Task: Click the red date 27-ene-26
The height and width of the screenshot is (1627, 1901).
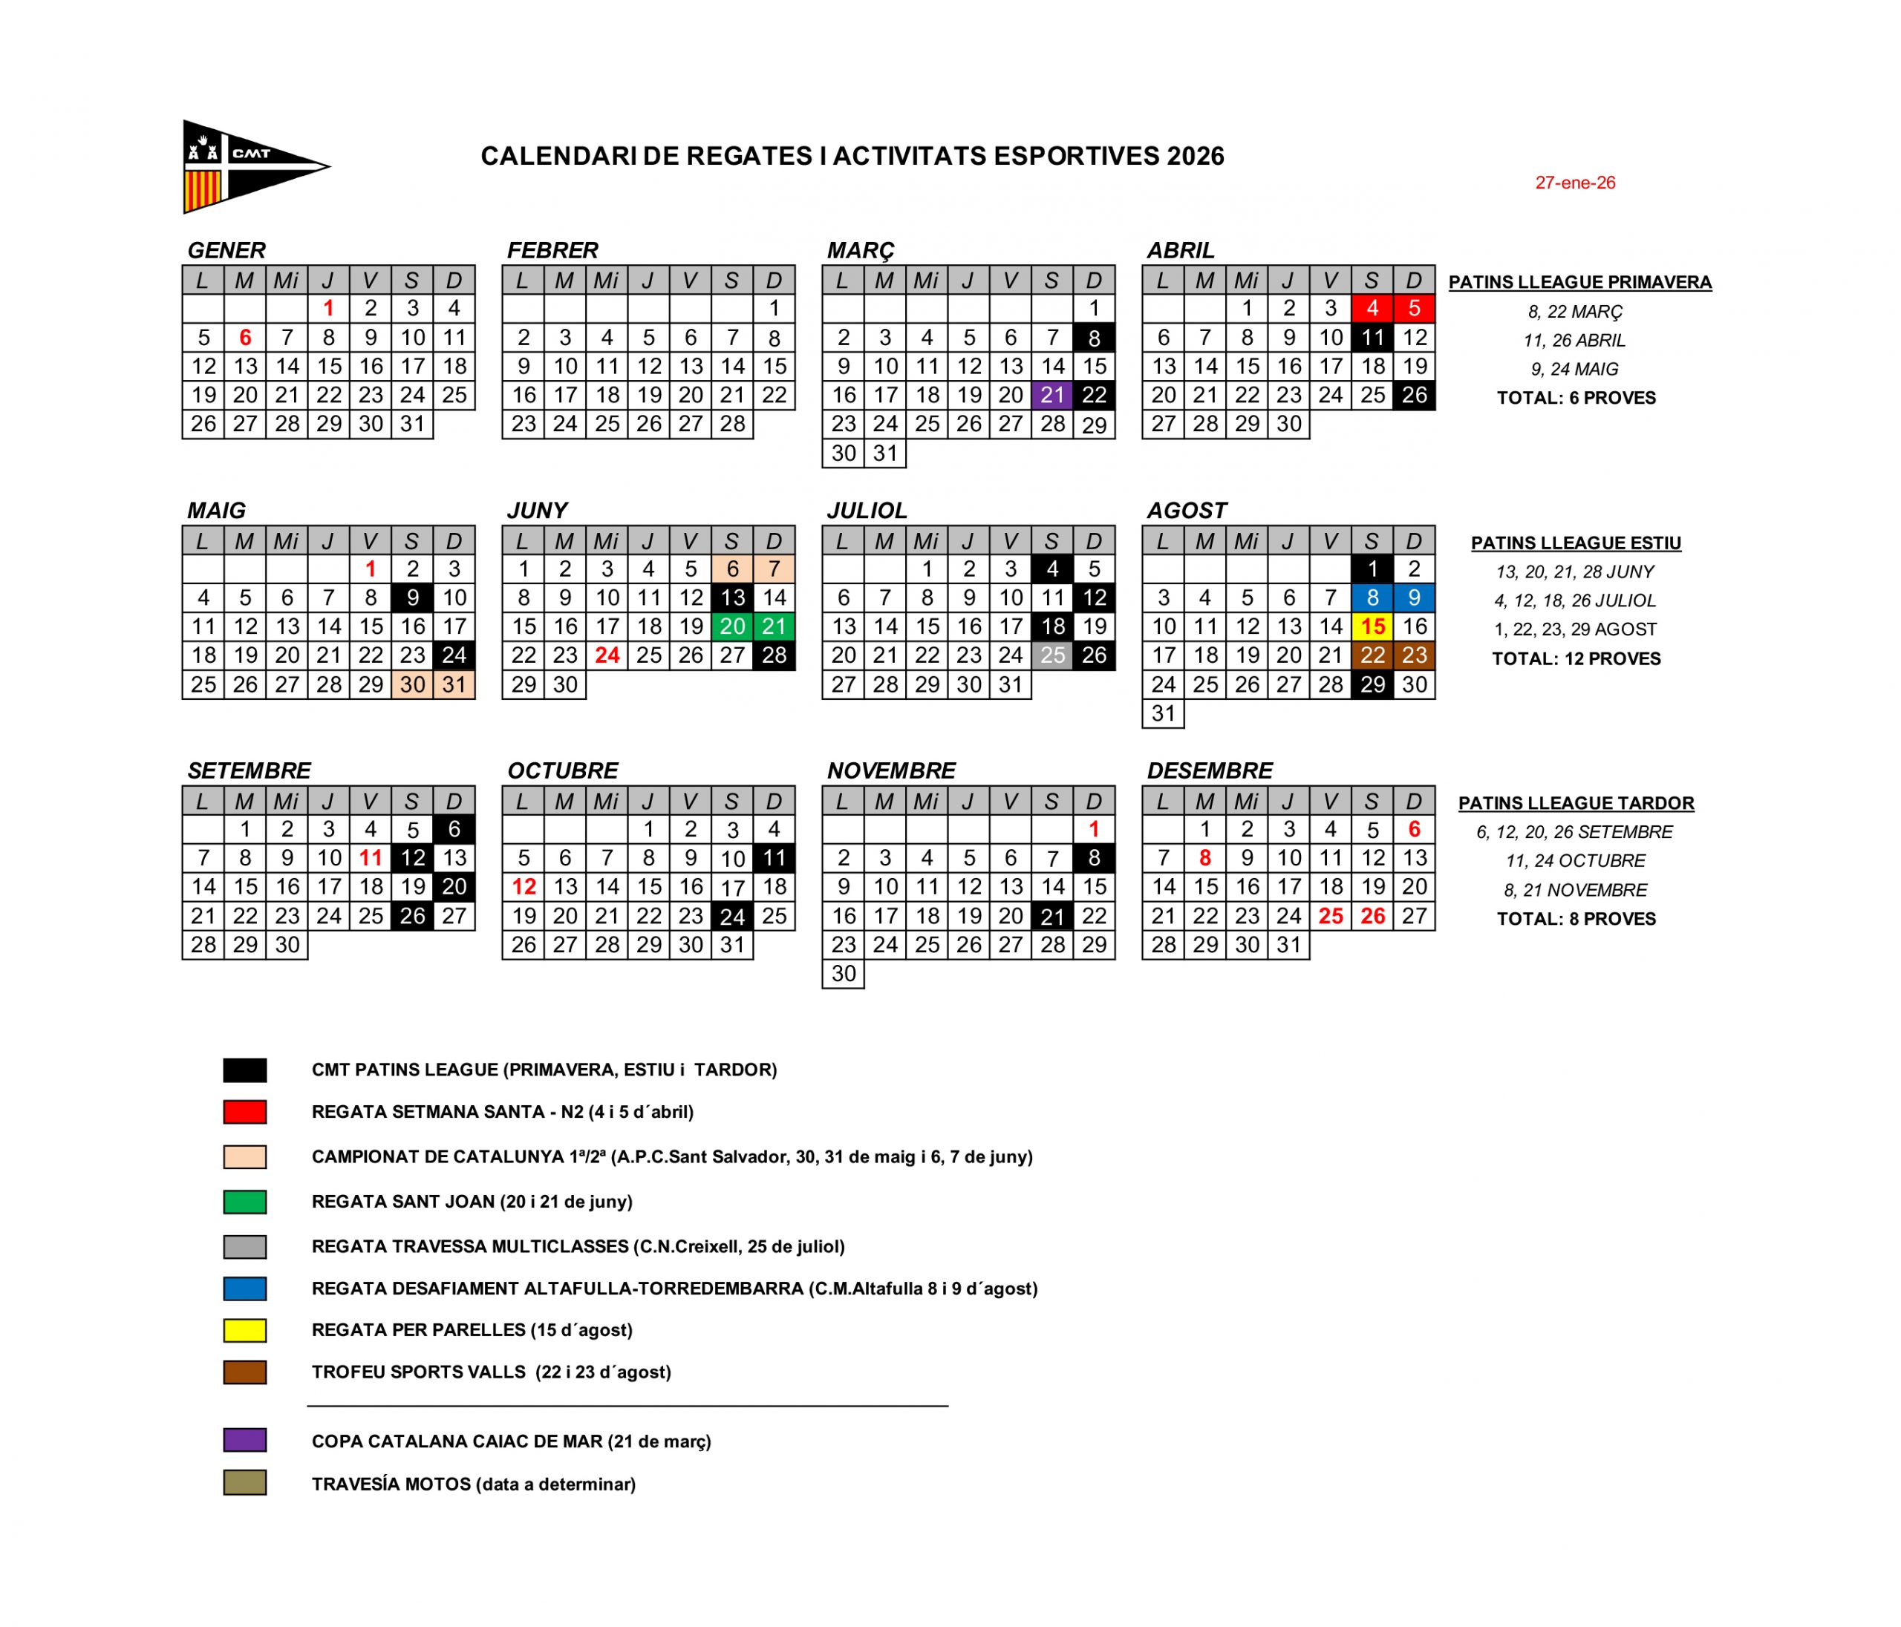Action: [1574, 183]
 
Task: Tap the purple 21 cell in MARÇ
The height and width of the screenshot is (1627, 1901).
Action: [1052, 396]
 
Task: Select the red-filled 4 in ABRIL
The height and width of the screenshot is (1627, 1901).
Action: [1372, 308]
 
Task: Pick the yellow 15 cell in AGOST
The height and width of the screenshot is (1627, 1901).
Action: [1372, 626]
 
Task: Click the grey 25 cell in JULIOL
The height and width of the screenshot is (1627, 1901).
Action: [1052, 655]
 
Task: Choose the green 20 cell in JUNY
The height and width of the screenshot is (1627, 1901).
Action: [732, 626]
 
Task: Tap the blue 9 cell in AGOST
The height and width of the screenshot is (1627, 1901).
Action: [1414, 598]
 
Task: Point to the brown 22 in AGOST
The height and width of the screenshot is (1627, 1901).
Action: [1372, 655]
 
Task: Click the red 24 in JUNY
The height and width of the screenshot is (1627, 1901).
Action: [607, 655]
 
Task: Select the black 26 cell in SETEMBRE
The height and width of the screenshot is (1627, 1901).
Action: [412, 916]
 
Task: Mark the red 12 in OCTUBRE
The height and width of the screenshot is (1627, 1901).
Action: [523, 887]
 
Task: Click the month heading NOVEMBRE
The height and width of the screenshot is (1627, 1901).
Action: [891, 770]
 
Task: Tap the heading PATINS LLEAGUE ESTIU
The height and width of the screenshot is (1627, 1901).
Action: [1575, 543]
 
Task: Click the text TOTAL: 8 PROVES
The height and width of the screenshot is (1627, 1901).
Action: [1575, 919]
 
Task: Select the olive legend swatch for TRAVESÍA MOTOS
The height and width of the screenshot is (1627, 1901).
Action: [245, 1483]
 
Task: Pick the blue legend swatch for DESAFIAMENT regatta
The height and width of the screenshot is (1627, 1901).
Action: [245, 1289]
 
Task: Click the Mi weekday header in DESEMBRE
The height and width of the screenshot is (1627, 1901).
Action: [1246, 802]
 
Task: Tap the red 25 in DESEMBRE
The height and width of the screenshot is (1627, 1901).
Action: [1331, 916]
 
